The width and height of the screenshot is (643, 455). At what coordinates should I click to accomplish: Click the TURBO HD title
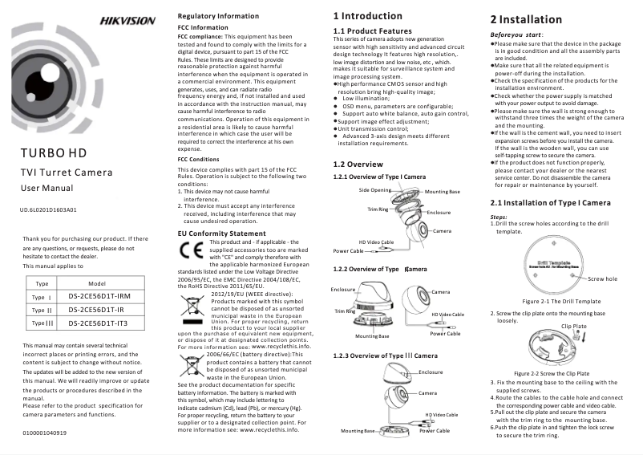(54, 152)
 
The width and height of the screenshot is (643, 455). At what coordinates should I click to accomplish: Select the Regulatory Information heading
(217, 16)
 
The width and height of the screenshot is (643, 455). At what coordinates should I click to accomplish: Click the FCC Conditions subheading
(198, 159)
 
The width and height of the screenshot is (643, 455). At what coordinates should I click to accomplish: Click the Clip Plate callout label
(574, 326)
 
